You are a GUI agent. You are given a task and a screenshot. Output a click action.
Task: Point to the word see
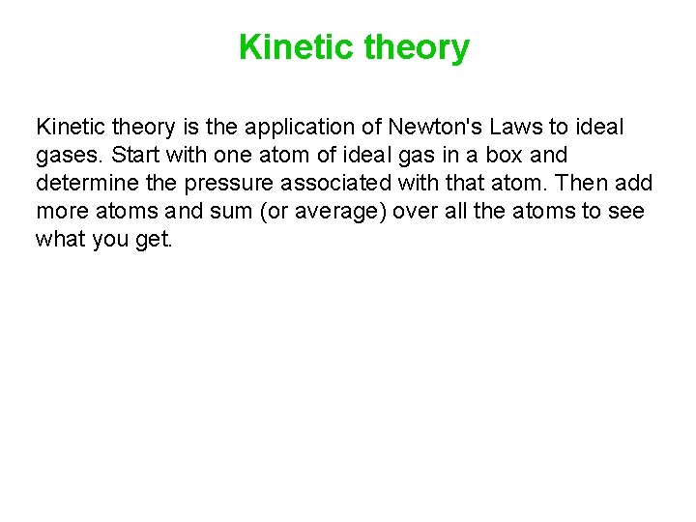coord(624,211)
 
